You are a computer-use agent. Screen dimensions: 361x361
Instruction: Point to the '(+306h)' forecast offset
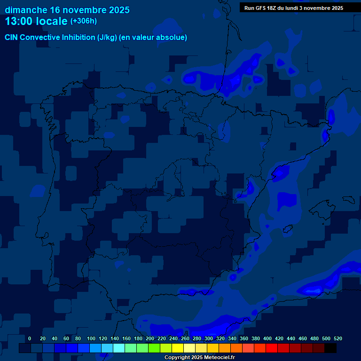83,21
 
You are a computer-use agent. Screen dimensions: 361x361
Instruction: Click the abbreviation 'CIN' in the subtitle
11,38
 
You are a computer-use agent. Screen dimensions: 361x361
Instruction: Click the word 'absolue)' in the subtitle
172,38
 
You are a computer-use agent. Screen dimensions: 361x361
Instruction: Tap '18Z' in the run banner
272,8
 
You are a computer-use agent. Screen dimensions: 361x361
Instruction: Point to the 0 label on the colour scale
30,338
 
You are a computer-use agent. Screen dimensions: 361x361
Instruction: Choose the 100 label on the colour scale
91,338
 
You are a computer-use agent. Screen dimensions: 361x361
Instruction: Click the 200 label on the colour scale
150,338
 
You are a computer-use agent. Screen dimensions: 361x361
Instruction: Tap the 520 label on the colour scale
338,338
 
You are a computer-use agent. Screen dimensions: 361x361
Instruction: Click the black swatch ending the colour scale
330,348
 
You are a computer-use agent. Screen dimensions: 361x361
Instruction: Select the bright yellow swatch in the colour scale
177,348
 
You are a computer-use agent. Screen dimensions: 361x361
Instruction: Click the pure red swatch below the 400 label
271,348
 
